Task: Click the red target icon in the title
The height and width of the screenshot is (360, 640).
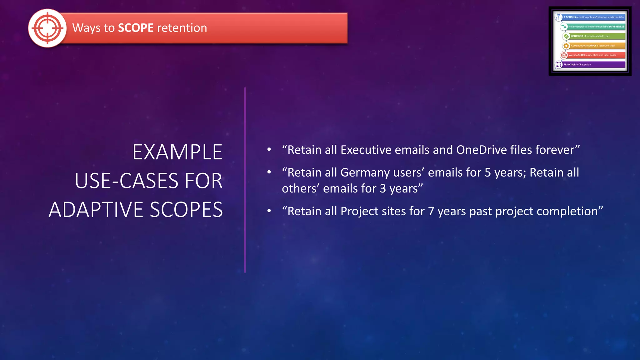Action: [47, 28]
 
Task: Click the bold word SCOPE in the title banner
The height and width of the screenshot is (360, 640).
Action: [136, 28]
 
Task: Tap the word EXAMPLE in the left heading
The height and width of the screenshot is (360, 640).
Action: [177, 152]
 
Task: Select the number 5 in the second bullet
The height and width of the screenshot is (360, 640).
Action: [487, 173]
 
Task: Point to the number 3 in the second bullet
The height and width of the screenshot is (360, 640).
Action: [383, 189]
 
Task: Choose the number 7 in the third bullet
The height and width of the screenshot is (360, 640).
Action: [431, 212]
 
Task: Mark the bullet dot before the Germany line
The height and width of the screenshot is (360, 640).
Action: [269, 172]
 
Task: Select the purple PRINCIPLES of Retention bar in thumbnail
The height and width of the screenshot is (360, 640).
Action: [593, 65]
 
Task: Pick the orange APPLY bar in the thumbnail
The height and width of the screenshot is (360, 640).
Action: [597, 46]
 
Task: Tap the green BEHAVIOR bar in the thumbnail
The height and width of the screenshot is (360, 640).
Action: [597, 36]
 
